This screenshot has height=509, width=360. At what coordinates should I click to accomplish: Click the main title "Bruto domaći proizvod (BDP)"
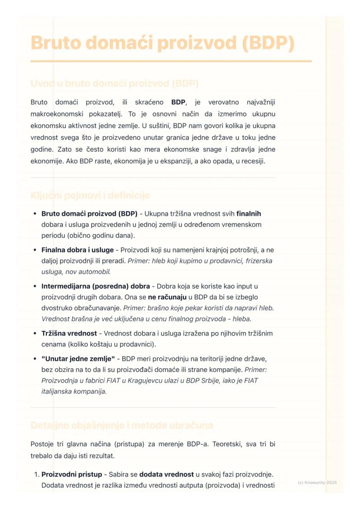pos(163,43)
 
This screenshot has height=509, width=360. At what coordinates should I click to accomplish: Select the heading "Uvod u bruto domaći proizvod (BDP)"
pos(114,83)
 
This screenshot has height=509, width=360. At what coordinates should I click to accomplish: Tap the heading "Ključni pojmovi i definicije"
pos(90,196)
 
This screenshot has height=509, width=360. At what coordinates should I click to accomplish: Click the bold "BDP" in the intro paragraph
pos(178,103)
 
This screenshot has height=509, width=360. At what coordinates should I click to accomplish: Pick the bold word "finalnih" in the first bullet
pos(249,214)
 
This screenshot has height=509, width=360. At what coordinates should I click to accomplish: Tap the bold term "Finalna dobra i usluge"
pos(77,250)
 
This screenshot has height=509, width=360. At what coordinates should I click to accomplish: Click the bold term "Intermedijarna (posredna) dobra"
pos(96,286)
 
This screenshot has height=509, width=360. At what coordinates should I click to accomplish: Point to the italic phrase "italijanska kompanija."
pos(74,391)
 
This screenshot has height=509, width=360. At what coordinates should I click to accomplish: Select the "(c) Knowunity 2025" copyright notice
pos(317,482)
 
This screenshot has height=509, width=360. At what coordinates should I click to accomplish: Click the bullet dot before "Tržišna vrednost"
pos(35,334)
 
